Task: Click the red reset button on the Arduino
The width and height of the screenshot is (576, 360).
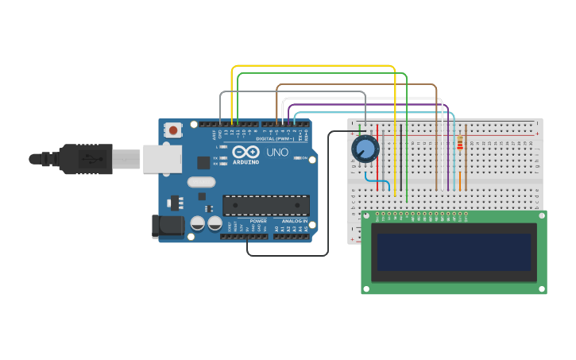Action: click(173, 130)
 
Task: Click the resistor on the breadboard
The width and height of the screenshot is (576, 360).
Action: click(460, 143)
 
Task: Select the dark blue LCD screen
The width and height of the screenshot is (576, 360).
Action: click(454, 252)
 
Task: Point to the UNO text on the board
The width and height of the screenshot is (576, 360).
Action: click(277, 152)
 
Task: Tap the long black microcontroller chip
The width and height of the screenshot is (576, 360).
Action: click(265, 205)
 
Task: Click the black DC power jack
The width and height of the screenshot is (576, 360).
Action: click(168, 226)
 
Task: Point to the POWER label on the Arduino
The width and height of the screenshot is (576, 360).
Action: click(258, 221)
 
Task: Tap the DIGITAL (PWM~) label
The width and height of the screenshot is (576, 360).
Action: click(274, 139)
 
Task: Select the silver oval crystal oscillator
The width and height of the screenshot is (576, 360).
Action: click(202, 182)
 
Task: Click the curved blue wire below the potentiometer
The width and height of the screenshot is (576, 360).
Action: click(381, 186)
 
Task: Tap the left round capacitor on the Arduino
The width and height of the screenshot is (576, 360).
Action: click(197, 224)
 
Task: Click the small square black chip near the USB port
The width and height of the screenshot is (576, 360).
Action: click(203, 162)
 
